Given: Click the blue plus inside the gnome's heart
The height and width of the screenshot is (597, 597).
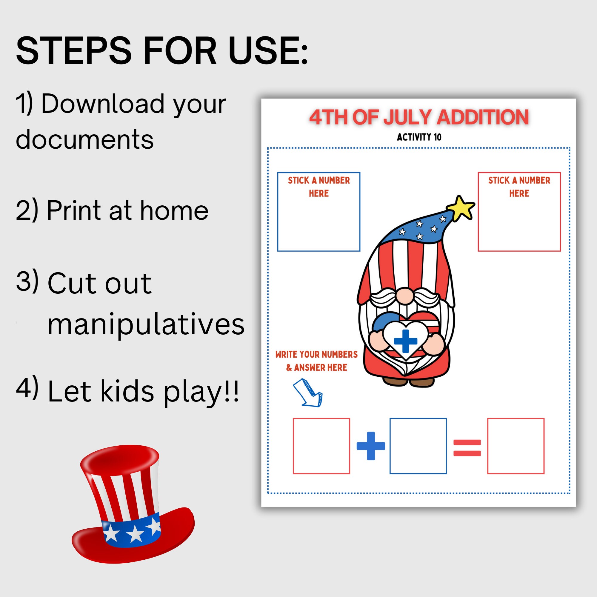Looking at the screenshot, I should (405, 341).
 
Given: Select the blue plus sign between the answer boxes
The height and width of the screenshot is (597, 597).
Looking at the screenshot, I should (371, 446).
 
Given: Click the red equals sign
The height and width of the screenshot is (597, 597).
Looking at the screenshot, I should (467, 448).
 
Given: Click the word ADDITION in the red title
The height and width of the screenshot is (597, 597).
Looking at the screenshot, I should (482, 117).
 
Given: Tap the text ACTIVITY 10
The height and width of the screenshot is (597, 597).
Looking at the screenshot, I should (419, 137).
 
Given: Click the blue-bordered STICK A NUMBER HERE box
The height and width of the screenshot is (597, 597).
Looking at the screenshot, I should (318, 212).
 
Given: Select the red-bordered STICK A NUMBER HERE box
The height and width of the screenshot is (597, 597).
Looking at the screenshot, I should (519, 212).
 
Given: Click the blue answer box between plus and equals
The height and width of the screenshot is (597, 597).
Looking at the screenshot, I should (418, 446).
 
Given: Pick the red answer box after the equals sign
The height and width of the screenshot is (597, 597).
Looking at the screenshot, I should (516, 446).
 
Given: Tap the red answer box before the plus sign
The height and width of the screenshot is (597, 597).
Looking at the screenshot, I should (321, 446).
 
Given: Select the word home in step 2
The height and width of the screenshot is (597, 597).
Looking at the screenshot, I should (174, 210).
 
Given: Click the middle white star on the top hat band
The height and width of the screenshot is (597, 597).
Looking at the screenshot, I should (135, 534).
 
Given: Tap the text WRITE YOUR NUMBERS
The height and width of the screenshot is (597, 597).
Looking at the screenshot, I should (316, 354).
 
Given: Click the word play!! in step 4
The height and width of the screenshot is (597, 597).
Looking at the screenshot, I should (201, 392).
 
